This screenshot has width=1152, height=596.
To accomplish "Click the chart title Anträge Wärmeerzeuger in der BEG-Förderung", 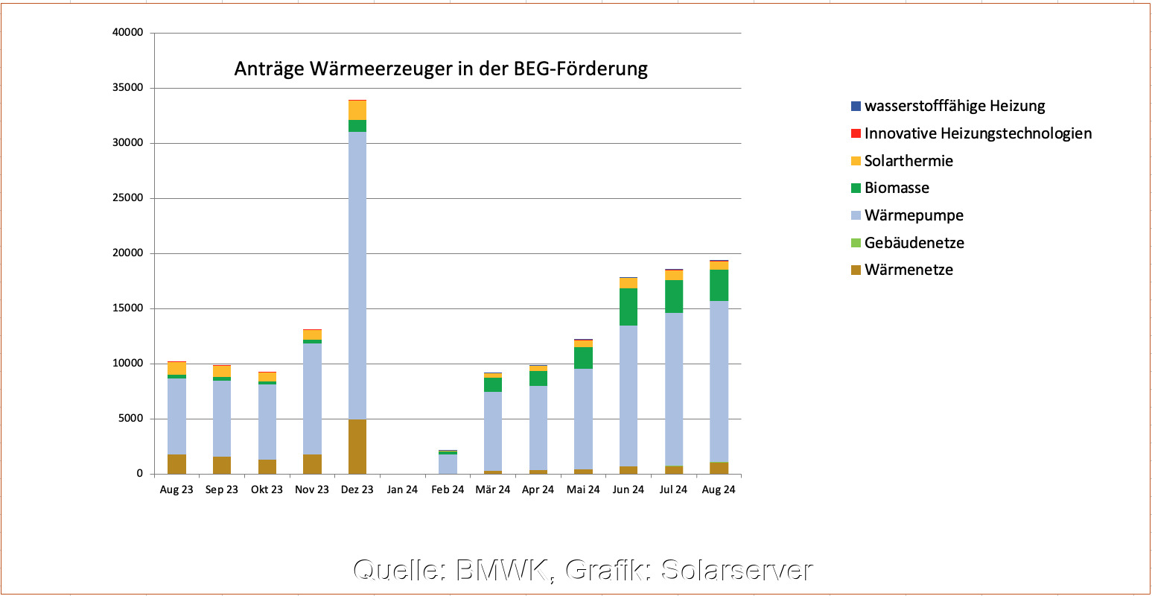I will pos(441,69).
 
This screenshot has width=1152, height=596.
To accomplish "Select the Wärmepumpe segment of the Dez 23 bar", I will pos(357,276).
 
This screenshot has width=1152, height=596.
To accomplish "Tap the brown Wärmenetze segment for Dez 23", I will pos(357,447).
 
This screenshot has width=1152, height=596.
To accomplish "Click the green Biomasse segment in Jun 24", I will pos(628,307).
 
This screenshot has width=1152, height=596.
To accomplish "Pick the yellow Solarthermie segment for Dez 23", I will pos(357,110).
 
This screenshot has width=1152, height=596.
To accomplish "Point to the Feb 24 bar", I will pos(448,463).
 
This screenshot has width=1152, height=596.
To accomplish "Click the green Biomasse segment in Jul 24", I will pos(674,297).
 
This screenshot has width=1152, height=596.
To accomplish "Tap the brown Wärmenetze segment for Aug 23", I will pos(176,464).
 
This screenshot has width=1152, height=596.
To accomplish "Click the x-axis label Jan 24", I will pos(402,489).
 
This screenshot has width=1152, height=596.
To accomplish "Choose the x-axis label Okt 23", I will pos(267,489).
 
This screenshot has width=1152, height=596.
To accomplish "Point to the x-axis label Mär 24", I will pos(493,489).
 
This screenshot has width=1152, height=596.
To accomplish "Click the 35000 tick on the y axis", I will pos(126,88).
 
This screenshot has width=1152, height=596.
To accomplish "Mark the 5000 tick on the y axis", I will pos(129,419).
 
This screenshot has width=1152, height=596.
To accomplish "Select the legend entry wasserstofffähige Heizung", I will pos(955,107).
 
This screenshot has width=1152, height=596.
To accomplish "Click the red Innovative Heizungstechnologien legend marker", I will pos(856,134).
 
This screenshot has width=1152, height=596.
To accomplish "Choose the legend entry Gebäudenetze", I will pos(914,243).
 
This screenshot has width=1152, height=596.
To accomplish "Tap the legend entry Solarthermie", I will pos(908,161).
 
